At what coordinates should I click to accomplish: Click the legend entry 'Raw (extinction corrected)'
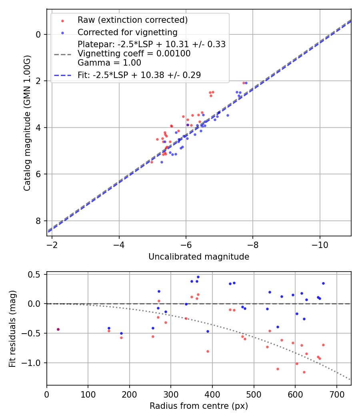coord(132,20)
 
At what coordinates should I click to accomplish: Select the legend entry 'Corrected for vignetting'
coord(128,32)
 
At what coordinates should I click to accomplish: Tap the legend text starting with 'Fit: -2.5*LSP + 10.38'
coord(139,75)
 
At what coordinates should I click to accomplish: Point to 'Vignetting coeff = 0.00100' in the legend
coord(134,54)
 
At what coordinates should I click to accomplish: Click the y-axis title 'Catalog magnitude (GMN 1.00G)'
coord(27,122)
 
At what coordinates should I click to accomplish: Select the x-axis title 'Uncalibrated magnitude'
coord(199,257)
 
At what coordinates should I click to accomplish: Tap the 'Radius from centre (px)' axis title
coord(199,406)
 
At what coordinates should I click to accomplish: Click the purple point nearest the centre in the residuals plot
coord(58,329)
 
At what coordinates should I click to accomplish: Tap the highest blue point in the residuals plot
coord(198,277)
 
